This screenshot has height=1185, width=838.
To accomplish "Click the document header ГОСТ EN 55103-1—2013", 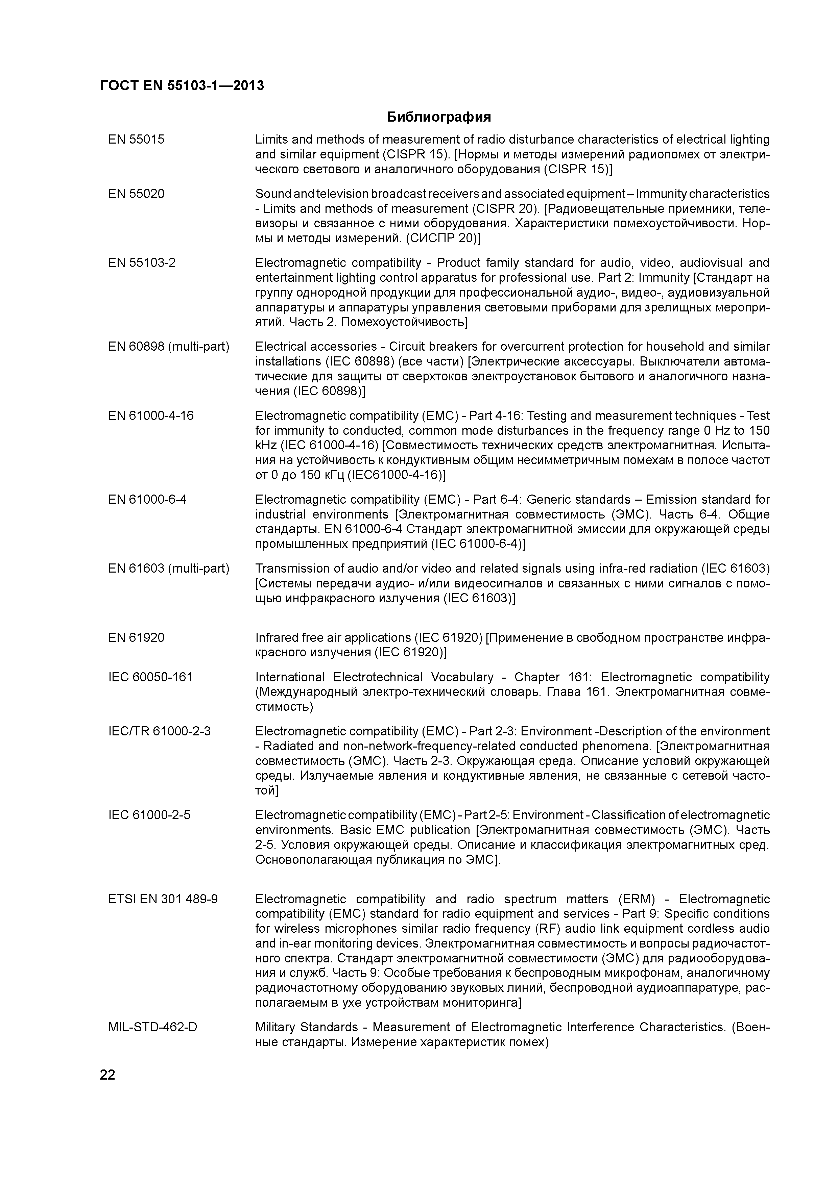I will [182, 86].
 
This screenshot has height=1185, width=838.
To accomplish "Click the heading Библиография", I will [439, 117].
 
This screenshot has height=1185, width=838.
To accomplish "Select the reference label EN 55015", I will [136, 140].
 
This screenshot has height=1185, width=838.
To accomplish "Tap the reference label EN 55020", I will [136, 194].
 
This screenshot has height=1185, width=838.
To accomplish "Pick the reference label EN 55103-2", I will [142, 263].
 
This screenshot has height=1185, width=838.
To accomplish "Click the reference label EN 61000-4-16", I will [151, 415].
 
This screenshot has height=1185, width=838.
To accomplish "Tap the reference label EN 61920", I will [136, 637].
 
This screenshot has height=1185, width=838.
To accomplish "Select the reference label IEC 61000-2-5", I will [149, 815].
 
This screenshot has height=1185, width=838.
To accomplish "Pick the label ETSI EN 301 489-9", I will [163, 899].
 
